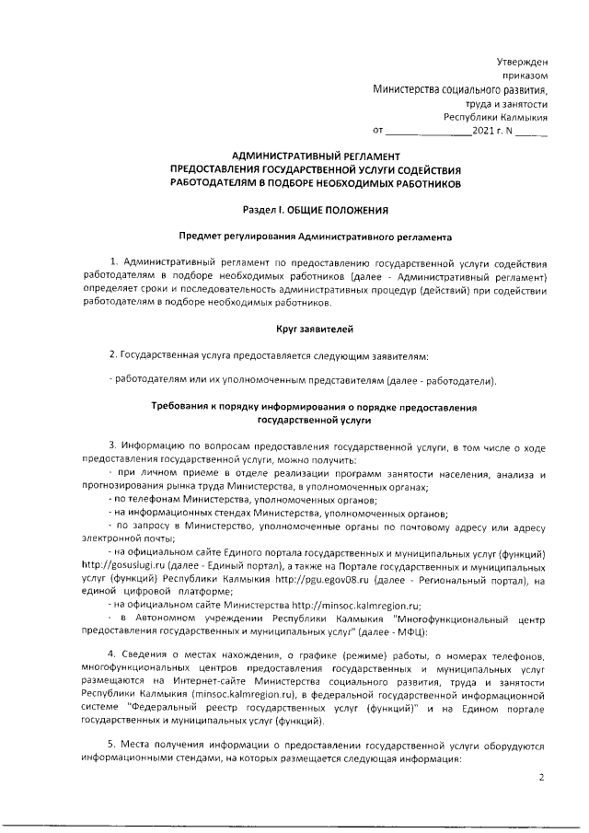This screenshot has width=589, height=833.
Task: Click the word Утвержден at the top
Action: (522, 60)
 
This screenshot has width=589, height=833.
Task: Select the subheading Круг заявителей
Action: (316, 329)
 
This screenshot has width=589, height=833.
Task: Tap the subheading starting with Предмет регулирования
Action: (316, 237)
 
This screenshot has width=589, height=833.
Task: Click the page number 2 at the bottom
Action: (542, 778)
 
